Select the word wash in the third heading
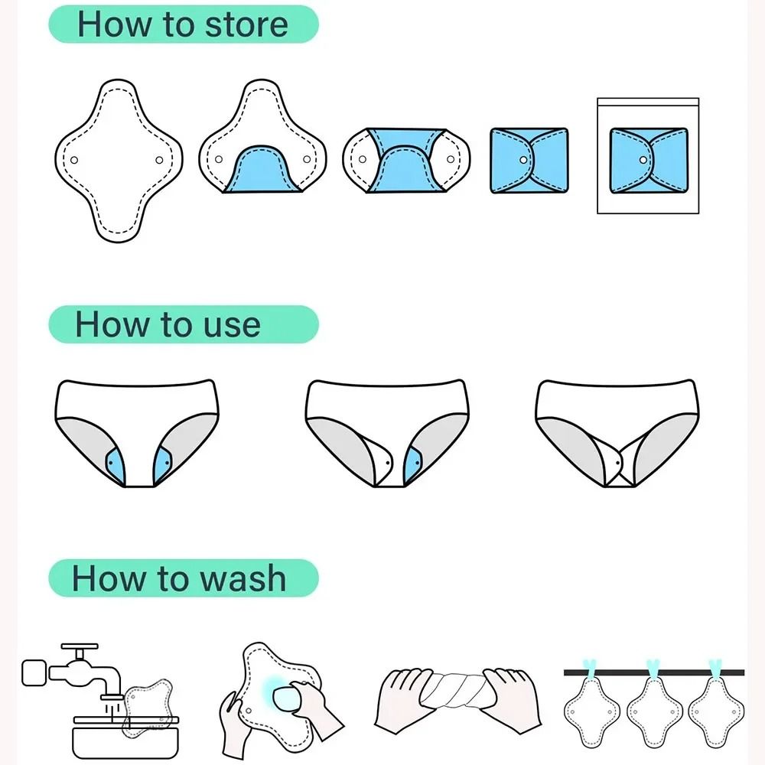[x=240, y=578]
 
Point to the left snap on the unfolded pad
[x=75, y=160]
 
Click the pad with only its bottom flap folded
[x=264, y=145]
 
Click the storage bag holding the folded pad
[x=647, y=156]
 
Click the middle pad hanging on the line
[x=654, y=711]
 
